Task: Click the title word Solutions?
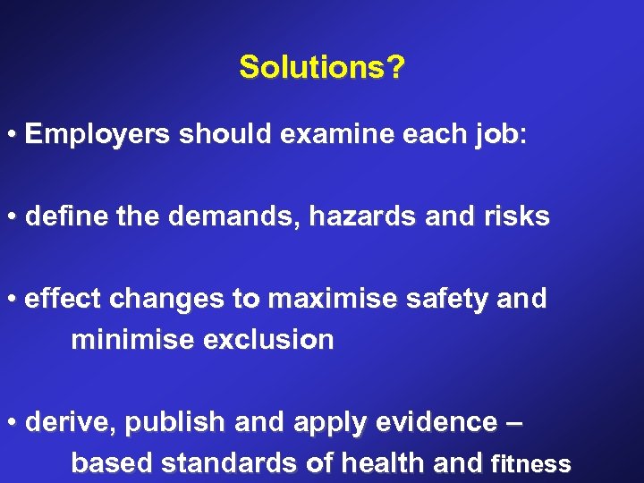321,67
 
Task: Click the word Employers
97,135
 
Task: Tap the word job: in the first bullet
496,136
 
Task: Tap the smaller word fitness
531,465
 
